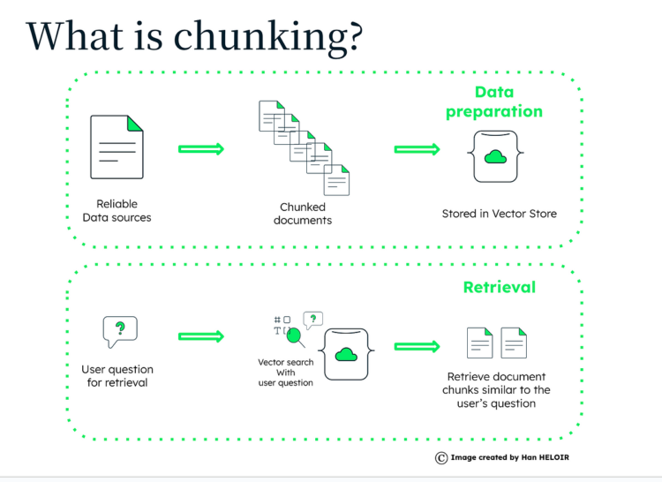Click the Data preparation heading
click(493, 102)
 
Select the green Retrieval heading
click(499, 287)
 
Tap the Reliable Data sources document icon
click(117, 147)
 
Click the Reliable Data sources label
click(117, 210)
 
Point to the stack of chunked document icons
click(304, 147)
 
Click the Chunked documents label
click(303, 214)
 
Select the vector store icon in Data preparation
click(494, 156)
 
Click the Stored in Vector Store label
click(499, 214)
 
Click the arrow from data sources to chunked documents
click(200, 148)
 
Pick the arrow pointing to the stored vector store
click(417, 150)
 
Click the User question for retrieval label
click(117, 376)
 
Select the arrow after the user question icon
click(200, 336)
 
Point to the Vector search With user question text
click(285, 373)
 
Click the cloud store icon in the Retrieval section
click(346, 355)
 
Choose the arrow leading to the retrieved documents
click(417, 347)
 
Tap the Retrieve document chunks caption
click(498, 390)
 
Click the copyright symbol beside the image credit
click(440, 457)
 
